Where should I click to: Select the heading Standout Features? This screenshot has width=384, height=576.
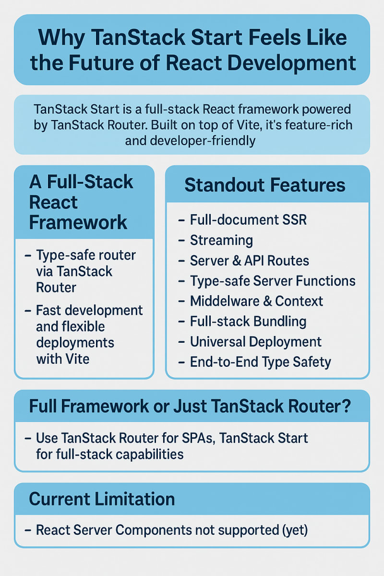[x=265, y=185]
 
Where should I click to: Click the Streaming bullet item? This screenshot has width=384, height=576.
[x=221, y=240]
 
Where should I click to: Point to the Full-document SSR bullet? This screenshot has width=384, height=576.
[x=248, y=220]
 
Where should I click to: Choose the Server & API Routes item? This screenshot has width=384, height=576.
[x=249, y=261]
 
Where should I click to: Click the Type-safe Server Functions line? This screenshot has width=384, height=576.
[x=273, y=281]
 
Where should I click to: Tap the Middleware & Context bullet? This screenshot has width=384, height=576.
[x=256, y=301]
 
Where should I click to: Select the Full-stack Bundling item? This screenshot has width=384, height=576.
[x=248, y=321]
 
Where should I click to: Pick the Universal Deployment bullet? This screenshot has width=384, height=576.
[x=256, y=342]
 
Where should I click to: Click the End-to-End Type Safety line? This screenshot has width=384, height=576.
[x=260, y=362]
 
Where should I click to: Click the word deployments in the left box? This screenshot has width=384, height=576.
[x=75, y=343]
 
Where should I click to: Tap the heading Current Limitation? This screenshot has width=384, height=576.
[x=102, y=499]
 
